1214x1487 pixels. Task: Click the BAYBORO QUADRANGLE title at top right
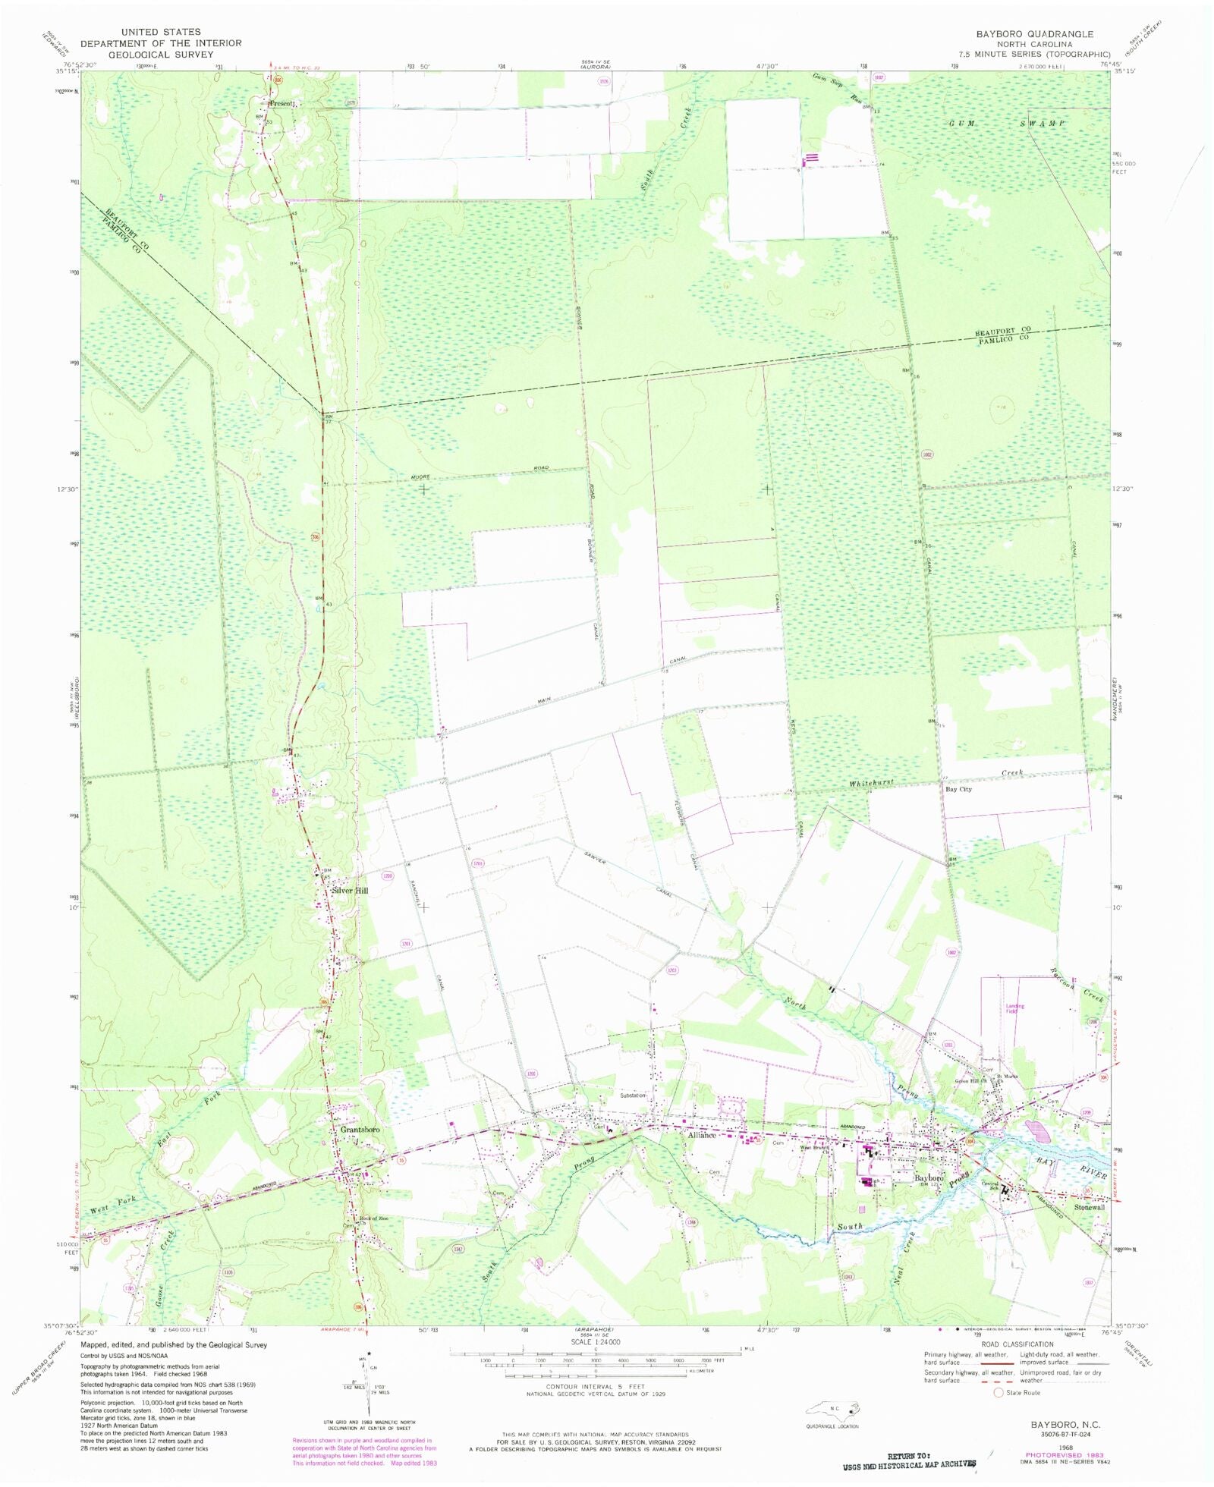1034,34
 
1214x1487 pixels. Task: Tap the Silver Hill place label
349,891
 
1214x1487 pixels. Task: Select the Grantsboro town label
360,1130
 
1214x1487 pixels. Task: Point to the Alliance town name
702,1136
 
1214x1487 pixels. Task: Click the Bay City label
958,790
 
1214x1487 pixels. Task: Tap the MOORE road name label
420,476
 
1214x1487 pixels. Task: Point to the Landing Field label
1015,1009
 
